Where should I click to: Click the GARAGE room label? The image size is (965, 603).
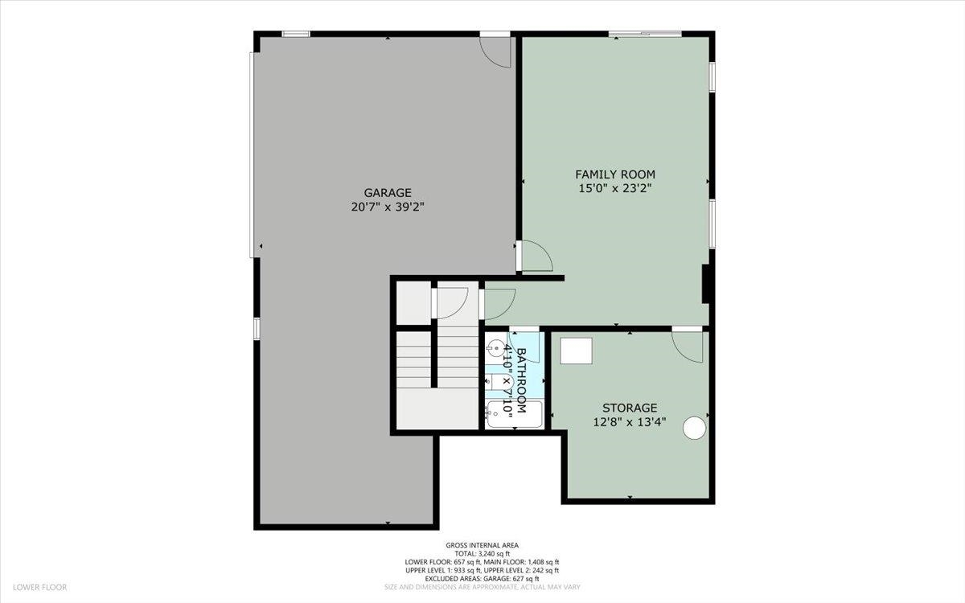coord(388,193)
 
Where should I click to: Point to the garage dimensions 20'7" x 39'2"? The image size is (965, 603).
coord(388,207)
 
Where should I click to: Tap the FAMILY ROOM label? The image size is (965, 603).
coord(614,174)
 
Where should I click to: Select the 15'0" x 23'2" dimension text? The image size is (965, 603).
coord(614,189)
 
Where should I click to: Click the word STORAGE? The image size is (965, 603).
coord(630,408)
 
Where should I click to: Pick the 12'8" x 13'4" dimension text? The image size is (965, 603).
coord(630,422)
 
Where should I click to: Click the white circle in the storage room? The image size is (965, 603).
coord(694,429)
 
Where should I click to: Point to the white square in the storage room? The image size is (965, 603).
coord(576,351)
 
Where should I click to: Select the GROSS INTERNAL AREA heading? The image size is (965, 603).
coord(482,544)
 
